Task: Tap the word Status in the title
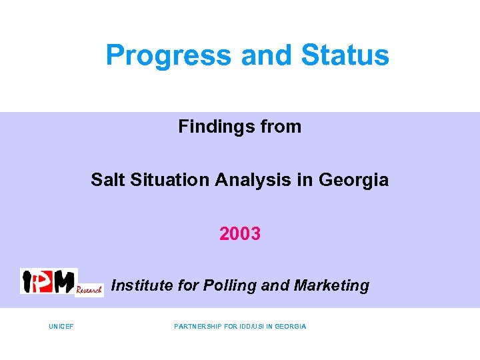[x=345, y=55]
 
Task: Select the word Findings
[x=211, y=127]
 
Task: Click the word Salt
[x=106, y=180]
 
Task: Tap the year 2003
[x=240, y=234]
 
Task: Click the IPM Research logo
[x=61, y=282]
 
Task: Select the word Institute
[x=142, y=285]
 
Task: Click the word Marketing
[x=332, y=285]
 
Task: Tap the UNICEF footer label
[x=61, y=327]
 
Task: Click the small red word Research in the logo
[x=90, y=290]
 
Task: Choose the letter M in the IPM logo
[x=65, y=281]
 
